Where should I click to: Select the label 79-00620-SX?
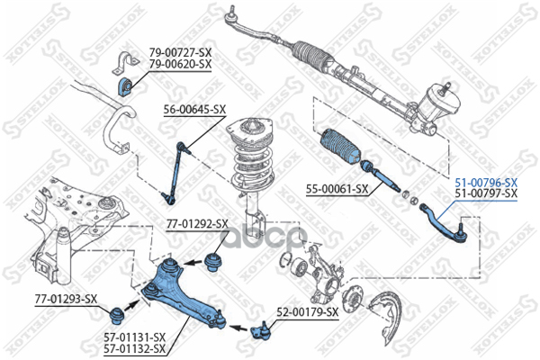click(x=180, y=65)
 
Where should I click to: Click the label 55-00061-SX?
click(x=337, y=189)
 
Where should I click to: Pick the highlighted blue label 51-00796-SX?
click(x=486, y=182)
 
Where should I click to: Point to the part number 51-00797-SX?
click(x=486, y=193)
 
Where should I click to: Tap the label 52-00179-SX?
click(x=307, y=311)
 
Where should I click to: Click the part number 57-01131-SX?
click(x=135, y=338)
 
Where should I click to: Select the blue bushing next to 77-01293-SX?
click(x=115, y=315)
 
